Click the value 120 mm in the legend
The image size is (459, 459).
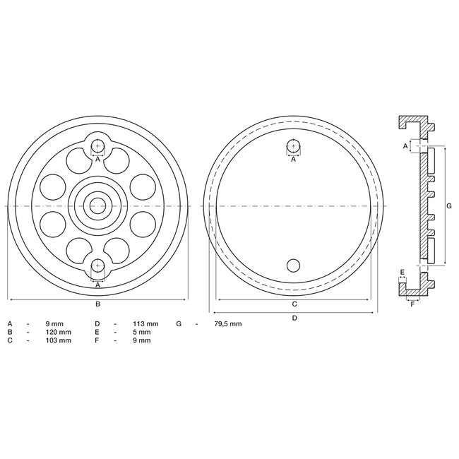pos(59,332)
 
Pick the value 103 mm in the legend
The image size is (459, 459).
pos(59,340)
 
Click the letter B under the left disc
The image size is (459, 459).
pos(97,304)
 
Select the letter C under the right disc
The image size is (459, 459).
pos(294,304)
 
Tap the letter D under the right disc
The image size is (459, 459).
pos(294,318)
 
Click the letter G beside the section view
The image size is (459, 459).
pos(449,205)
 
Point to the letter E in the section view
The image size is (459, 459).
pos(402,272)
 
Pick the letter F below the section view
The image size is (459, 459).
pos(412,304)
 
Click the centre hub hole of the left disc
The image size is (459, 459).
pos(97,205)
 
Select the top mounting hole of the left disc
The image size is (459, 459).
pos(97,146)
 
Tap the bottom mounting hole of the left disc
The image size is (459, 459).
pos(97,266)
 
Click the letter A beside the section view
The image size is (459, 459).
pos(405,146)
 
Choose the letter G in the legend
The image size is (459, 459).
pos(179,323)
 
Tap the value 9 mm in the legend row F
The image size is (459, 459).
pos(141,340)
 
